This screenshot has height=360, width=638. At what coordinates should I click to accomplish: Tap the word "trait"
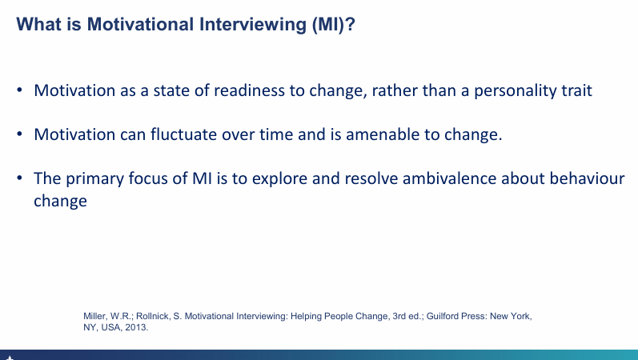575,90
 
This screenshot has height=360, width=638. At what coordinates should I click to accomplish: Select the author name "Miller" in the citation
95,317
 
